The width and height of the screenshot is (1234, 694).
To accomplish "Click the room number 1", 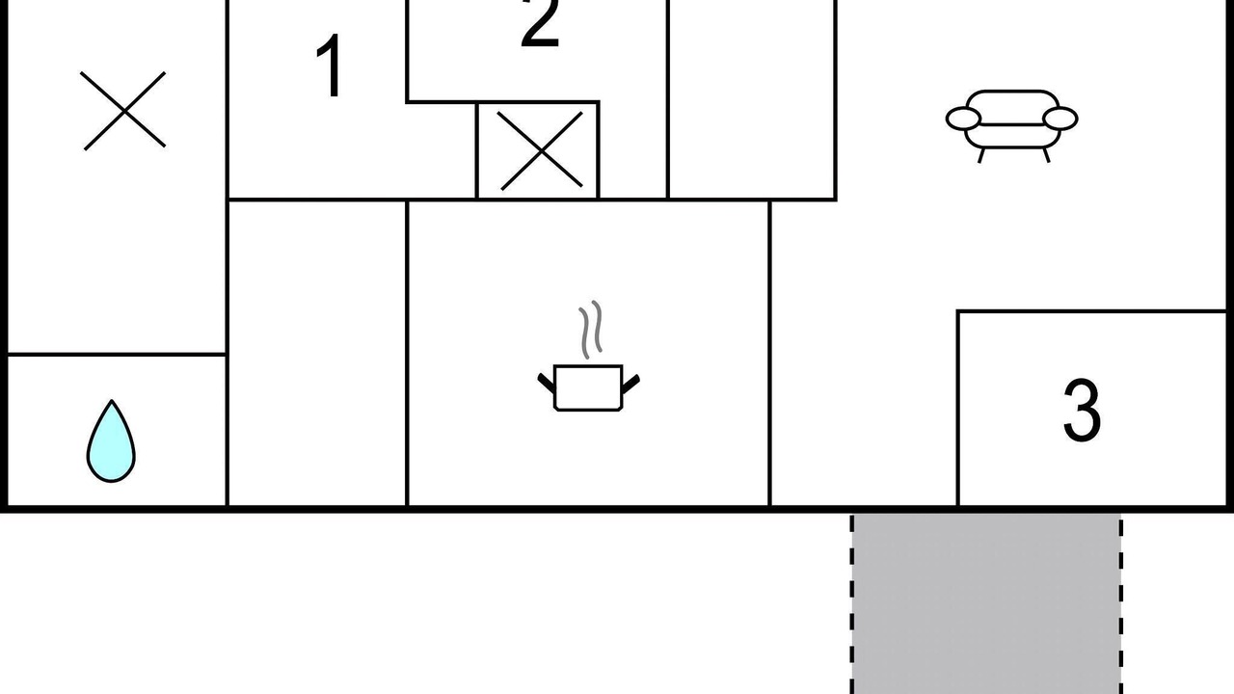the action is point(330,66).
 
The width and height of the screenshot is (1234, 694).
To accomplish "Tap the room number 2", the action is point(540,23).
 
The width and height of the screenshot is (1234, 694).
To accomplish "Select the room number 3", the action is point(1082,410).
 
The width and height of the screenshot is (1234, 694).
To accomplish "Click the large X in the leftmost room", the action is point(122,111).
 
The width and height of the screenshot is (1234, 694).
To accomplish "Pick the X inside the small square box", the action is point(542,151).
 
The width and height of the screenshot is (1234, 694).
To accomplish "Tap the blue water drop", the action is point(111,441).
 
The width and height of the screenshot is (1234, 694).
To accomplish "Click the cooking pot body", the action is point(588,387).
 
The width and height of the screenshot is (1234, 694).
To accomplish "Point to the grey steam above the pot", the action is point(591,330).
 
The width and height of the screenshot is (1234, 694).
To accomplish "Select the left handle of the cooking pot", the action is point(547,383).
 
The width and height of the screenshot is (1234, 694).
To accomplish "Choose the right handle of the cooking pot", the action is point(630,384).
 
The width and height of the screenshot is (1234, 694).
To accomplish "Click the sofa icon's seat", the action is point(1012,136).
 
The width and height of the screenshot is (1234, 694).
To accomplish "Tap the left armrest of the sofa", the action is point(963,119).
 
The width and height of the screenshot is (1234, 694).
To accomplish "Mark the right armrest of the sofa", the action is point(1060,119).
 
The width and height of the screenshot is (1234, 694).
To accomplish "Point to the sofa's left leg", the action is point(981,155).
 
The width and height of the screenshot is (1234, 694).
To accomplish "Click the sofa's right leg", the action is point(1046,155).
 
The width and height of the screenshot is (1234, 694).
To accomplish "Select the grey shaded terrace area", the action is point(986,604).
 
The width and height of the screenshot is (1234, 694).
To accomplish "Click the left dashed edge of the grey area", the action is point(851,604).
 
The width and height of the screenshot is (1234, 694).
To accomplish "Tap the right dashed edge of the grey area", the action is point(1121,604).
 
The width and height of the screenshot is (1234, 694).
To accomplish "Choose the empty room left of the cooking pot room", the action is point(317,353).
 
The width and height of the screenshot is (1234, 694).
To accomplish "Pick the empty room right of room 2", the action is point(752,99).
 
